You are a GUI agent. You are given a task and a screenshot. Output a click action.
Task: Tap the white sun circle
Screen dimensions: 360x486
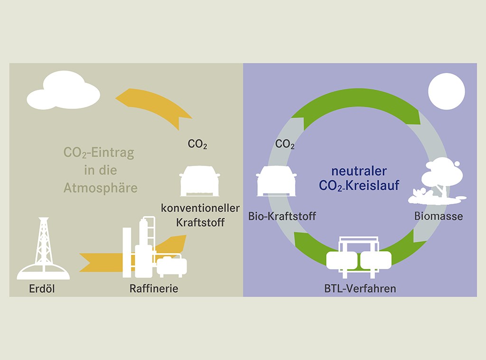pos(446,92)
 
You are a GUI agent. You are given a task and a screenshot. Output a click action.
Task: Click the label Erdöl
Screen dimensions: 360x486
pos(42,288)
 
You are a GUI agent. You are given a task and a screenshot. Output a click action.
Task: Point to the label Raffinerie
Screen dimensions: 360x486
pos(154,288)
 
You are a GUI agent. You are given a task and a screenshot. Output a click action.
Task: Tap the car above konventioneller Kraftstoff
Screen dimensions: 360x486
pos(200,181)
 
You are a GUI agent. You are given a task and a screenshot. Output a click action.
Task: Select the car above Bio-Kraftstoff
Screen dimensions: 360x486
pos(276,181)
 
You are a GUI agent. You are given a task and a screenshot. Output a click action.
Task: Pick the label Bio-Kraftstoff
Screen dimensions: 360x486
pos(282,217)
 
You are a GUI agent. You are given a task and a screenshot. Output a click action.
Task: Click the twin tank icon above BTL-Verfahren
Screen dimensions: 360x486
pos(359,258)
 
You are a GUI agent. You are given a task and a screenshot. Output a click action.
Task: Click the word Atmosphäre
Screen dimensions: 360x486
pos(101,188)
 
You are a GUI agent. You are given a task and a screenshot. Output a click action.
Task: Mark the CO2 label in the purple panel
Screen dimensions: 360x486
pos(285,144)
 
